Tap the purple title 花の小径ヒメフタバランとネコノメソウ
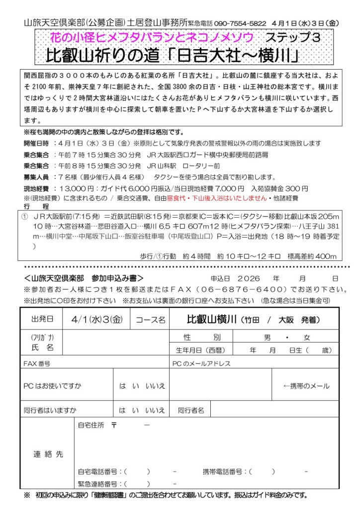(x=151, y=37)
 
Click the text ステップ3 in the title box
(x=292, y=37)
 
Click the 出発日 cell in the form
(x=42, y=319)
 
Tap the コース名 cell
(x=150, y=320)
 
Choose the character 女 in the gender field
(x=307, y=338)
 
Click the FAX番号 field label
(x=37, y=364)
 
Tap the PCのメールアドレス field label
(x=201, y=364)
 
